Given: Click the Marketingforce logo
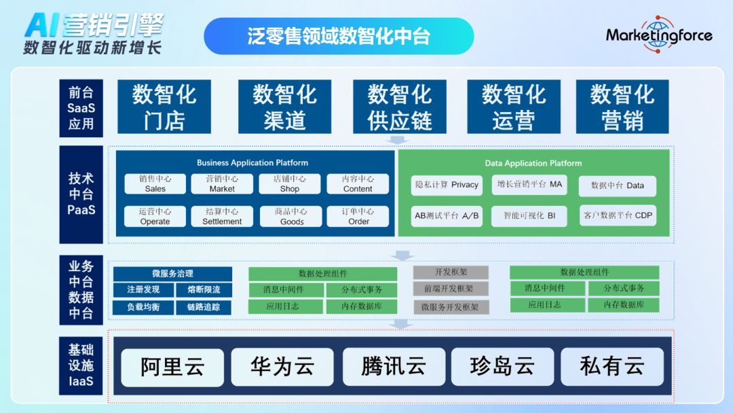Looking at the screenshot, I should pyautogui.click(x=658, y=35).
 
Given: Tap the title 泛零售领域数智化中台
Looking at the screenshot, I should pyautogui.click(x=339, y=36).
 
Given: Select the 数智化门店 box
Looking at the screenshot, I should pyautogui.click(x=164, y=107).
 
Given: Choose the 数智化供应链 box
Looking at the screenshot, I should pyautogui.click(x=400, y=107).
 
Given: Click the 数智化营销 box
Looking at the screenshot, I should pyautogui.click(x=622, y=107).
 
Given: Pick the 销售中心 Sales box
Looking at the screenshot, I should pyautogui.click(x=155, y=183).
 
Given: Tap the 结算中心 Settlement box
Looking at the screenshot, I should pyautogui.click(x=222, y=216).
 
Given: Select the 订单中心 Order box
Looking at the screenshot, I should pyautogui.click(x=358, y=216).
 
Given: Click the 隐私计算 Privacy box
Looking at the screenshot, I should pyautogui.click(x=447, y=185).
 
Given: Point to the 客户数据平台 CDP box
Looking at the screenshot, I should pyautogui.click(x=618, y=215).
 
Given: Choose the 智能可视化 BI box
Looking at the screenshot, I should pyautogui.click(x=529, y=215).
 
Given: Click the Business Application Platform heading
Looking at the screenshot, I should pyautogui.click(x=252, y=163).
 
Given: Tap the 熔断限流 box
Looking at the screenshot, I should pyautogui.click(x=204, y=290).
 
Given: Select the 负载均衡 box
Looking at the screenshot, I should pyautogui.click(x=143, y=307).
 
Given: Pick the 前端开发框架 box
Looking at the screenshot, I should pyautogui.click(x=451, y=289).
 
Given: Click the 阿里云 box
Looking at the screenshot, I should pyautogui.click(x=172, y=367).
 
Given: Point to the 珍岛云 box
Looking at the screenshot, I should pyautogui.click(x=502, y=367).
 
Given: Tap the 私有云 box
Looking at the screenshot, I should pyautogui.click(x=612, y=367).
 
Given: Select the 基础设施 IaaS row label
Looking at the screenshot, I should pyautogui.click(x=81, y=365).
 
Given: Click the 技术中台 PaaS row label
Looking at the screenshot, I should pyautogui.click(x=81, y=194).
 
